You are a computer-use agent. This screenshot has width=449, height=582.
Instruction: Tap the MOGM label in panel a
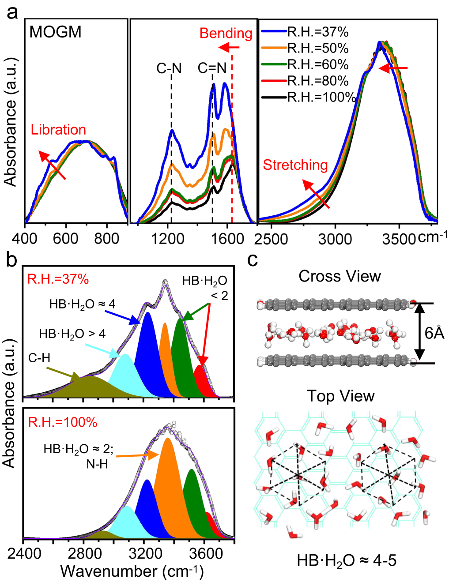click(56, 32)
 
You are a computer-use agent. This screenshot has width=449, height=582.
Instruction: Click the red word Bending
click(226, 33)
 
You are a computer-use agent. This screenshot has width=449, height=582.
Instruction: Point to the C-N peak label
click(169, 68)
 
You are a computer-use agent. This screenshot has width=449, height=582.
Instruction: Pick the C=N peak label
click(212, 68)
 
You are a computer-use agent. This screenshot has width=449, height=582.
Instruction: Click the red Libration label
click(58, 130)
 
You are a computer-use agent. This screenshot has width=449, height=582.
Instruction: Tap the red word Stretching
click(295, 165)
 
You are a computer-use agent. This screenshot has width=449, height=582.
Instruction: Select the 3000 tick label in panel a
click(335, 239)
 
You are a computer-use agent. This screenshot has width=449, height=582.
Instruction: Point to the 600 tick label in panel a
click(66, 239)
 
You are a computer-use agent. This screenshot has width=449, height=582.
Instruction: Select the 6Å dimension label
click(434, 333)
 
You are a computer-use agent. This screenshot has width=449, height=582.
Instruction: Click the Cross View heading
click(340, 276)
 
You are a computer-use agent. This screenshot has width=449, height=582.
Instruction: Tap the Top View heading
click(340, 396)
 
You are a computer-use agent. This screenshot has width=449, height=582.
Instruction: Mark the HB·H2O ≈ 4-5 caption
click(347, 561)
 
